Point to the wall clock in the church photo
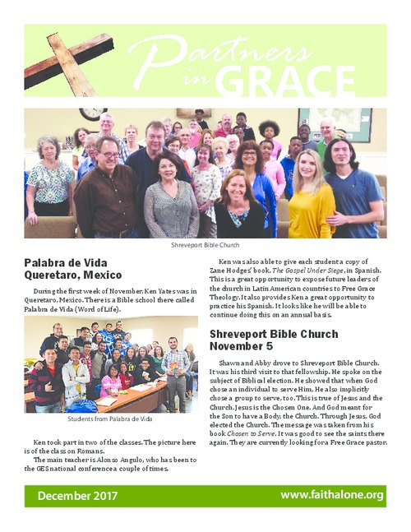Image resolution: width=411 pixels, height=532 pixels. click(x=92, y=113)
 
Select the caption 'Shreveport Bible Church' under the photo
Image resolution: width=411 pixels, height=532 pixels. click(x=205, y=245)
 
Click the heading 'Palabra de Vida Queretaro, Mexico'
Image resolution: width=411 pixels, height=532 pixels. click(x=73, y=268)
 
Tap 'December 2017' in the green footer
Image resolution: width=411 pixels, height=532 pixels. click(x=76, y=496)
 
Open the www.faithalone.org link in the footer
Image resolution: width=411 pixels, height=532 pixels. click(x=331, y=495)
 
